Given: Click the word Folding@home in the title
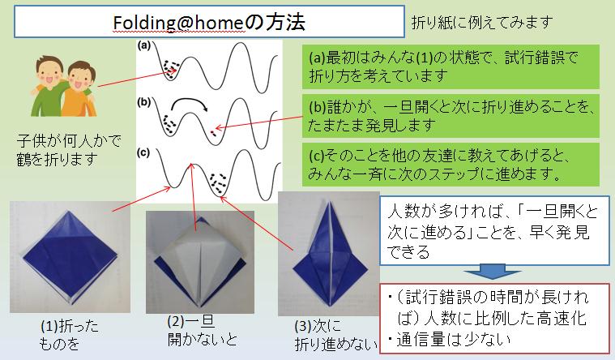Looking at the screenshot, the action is pos(179,23).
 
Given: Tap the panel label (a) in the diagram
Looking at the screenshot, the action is pos(144,45).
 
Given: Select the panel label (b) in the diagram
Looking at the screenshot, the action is pos(144,102).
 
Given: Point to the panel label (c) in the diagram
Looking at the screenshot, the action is pos(143,152).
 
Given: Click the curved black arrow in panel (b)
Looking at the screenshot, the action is pos(189,103).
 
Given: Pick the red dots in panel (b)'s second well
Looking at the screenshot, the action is pos(213,132).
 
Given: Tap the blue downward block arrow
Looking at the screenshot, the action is pos(492,271).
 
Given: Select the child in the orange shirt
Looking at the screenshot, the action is pos(79,89).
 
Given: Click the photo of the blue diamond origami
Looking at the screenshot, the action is pos(70,257).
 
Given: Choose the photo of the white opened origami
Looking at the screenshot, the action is pos(200,262).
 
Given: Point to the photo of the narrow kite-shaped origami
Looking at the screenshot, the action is pos(329,254).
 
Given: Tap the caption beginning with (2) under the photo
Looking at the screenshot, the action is pos(202,331).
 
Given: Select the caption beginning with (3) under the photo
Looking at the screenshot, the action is pos(335,336).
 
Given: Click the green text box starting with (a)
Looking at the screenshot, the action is pos(451,66).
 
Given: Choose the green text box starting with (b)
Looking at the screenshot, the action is pos(451,116).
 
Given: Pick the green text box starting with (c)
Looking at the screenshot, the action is pos(451,165).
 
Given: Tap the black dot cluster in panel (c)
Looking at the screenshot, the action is pos(219,183).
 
